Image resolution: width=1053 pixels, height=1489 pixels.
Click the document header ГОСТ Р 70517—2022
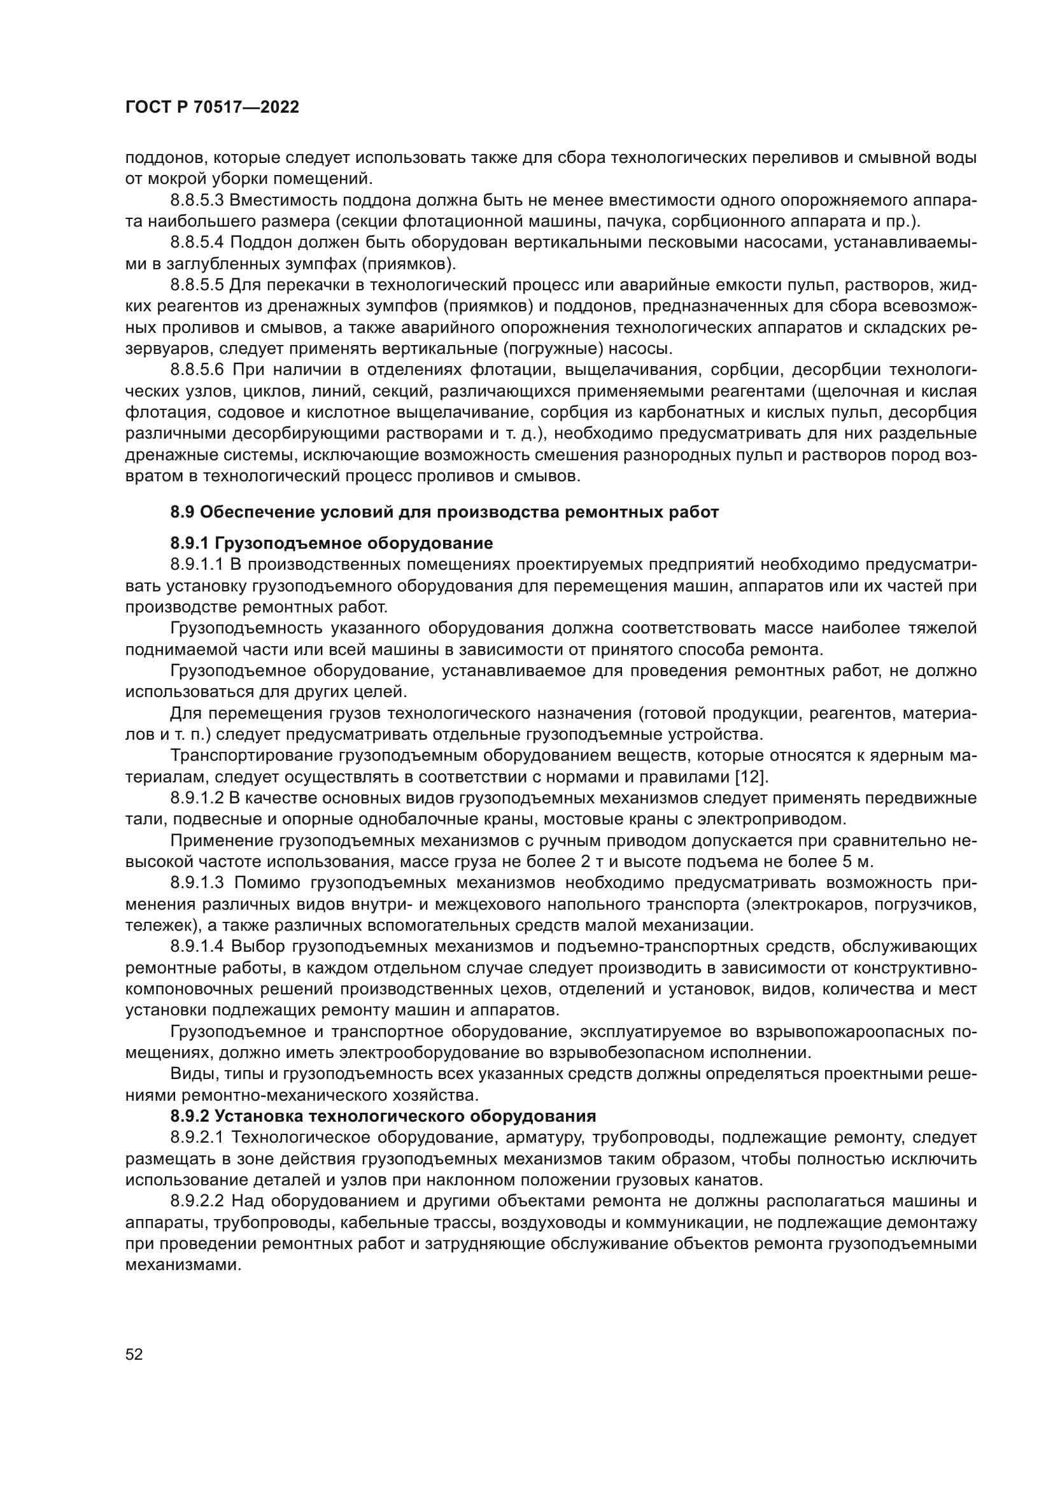[x=212, y=108]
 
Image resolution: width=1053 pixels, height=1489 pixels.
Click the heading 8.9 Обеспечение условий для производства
[x=444, y=512]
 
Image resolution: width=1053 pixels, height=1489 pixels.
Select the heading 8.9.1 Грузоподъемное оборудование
[x=331, y=543]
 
